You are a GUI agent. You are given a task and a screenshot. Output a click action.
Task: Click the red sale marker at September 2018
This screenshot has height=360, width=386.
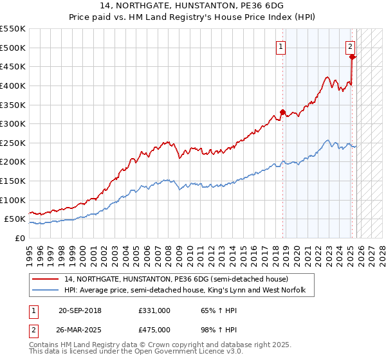pyautogui.click(x=282, y=112)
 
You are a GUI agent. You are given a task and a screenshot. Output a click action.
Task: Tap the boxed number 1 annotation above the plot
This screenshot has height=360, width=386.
pyautogui.click(x=282, y=46)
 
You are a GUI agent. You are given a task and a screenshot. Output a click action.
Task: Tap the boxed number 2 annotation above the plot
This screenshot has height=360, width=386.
pyautogui.click(x=351, y=46)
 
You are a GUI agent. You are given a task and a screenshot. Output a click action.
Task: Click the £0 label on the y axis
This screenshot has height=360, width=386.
pyautogui.click(x=19, y=238)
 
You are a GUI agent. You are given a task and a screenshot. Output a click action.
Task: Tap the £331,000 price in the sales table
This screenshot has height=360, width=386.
pyautogui.click(x=154, y=310)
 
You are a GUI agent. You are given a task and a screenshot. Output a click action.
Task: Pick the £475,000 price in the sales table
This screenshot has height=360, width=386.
pyautogui.click(x=154, y=330)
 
